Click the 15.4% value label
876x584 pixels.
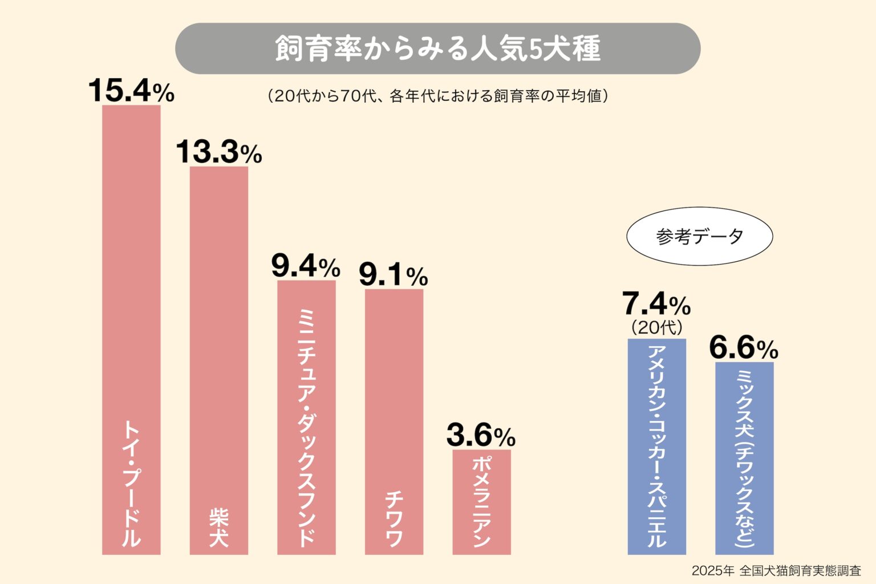coord(131,91)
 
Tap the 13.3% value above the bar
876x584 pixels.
coord(218,152)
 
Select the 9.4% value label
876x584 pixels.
coord(306,266)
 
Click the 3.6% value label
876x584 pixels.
coord(481,436)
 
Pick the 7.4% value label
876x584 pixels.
coord(656,303)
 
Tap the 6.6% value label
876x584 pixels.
coord(744,348)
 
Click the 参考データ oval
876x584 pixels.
coord(699,236)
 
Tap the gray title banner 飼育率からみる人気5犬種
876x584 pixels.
coord(437,48)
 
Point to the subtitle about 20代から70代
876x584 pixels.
coord(437,96)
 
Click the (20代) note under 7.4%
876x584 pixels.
coord(656,327)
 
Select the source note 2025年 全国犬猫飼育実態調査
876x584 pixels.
coord(776,570)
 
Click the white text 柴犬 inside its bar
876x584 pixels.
coord(218,527)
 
